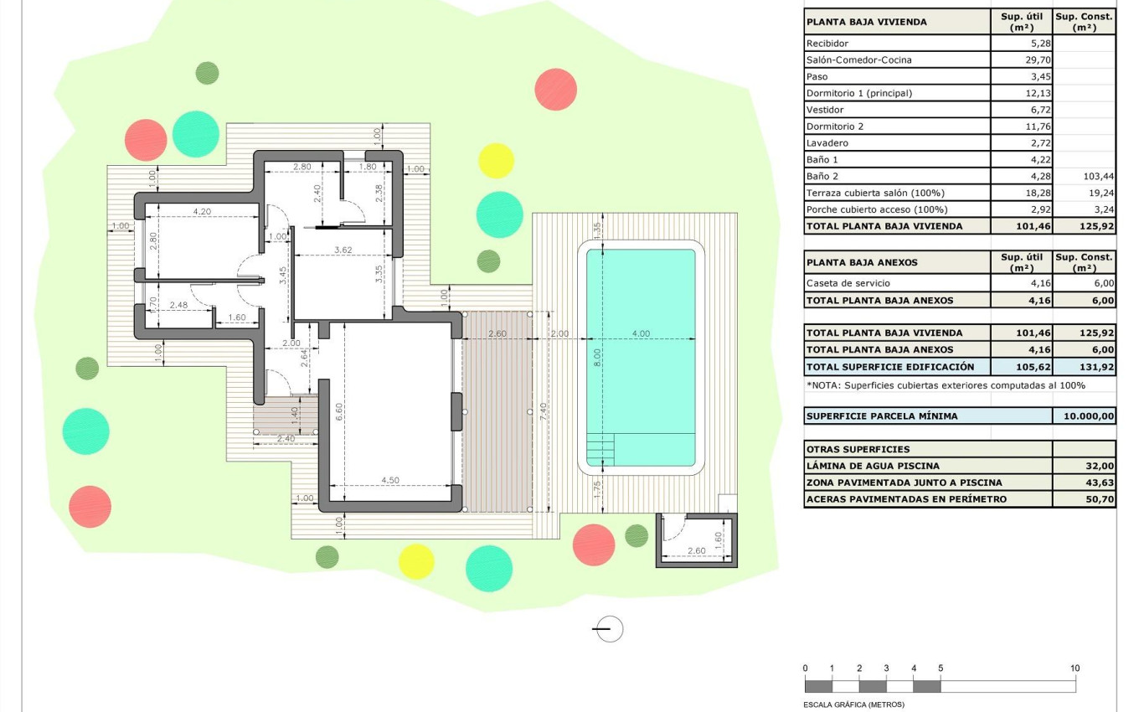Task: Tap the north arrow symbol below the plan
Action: point(610,628)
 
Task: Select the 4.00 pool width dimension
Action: point(641,333)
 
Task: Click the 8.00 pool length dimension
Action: point(598,358)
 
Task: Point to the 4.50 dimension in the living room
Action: point(390,480)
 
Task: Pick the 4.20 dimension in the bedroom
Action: point(202,212)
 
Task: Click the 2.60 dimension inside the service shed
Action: point(695,550)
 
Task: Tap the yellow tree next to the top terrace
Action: point(496,161)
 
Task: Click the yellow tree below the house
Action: point(416,561)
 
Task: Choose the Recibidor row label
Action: point(827,44)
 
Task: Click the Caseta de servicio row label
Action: point(848,284)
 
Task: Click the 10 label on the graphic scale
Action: point(1075,668)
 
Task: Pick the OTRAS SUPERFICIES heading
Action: point(858,449)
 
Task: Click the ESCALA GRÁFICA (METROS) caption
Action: point(853,704)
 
